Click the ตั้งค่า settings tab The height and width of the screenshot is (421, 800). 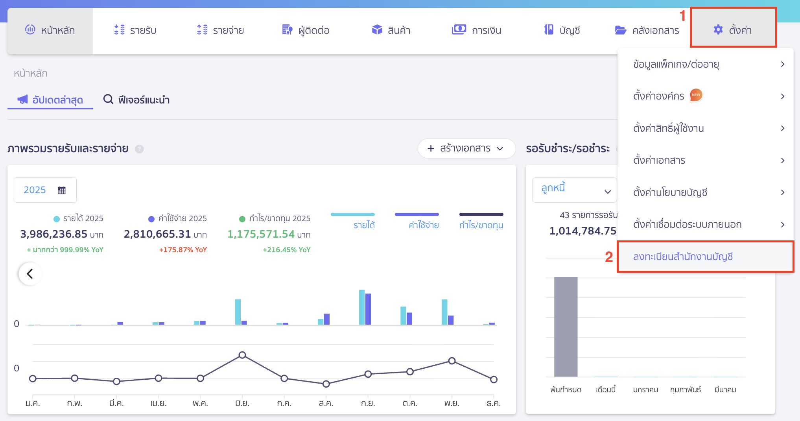pyautogui.click(x=733, y=30)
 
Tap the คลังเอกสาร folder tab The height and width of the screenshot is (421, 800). pyautogui.click(x=647, y=30)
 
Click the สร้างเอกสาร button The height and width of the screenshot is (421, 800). pyautogui.click(x=466, y=148)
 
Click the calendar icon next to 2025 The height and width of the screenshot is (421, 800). pyautogui.click(x=62, y=190)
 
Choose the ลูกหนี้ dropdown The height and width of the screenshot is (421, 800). pyautogui.click(x=575, y=190)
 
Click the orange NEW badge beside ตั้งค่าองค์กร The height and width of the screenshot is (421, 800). pyautogui.click(x=696, y=95)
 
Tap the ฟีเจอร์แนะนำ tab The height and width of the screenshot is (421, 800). pyautogui.click(x=136, y=100)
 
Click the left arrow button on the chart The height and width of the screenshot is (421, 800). pyautogui.click(x=30, y=273)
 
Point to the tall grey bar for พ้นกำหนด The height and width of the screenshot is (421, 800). pyautogui.click(x=566, y=327)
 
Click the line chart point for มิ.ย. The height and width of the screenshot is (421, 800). pyautogui.click(x=242, y=355)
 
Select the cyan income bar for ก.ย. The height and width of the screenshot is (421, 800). pyautogui.click(x=361, y=307)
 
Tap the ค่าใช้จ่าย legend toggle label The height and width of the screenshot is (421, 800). pyautogui.click(x=423, y=225)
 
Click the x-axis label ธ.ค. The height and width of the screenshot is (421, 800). pyautogui.click(x=493, y=403)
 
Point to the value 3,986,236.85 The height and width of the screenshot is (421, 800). pyautogui.click(x=54, y=234)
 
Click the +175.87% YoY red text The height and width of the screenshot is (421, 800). pyautogui.click(x=183, y=250)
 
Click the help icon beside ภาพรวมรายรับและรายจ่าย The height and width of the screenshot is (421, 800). pyautogui.click(x=139, y=149)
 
